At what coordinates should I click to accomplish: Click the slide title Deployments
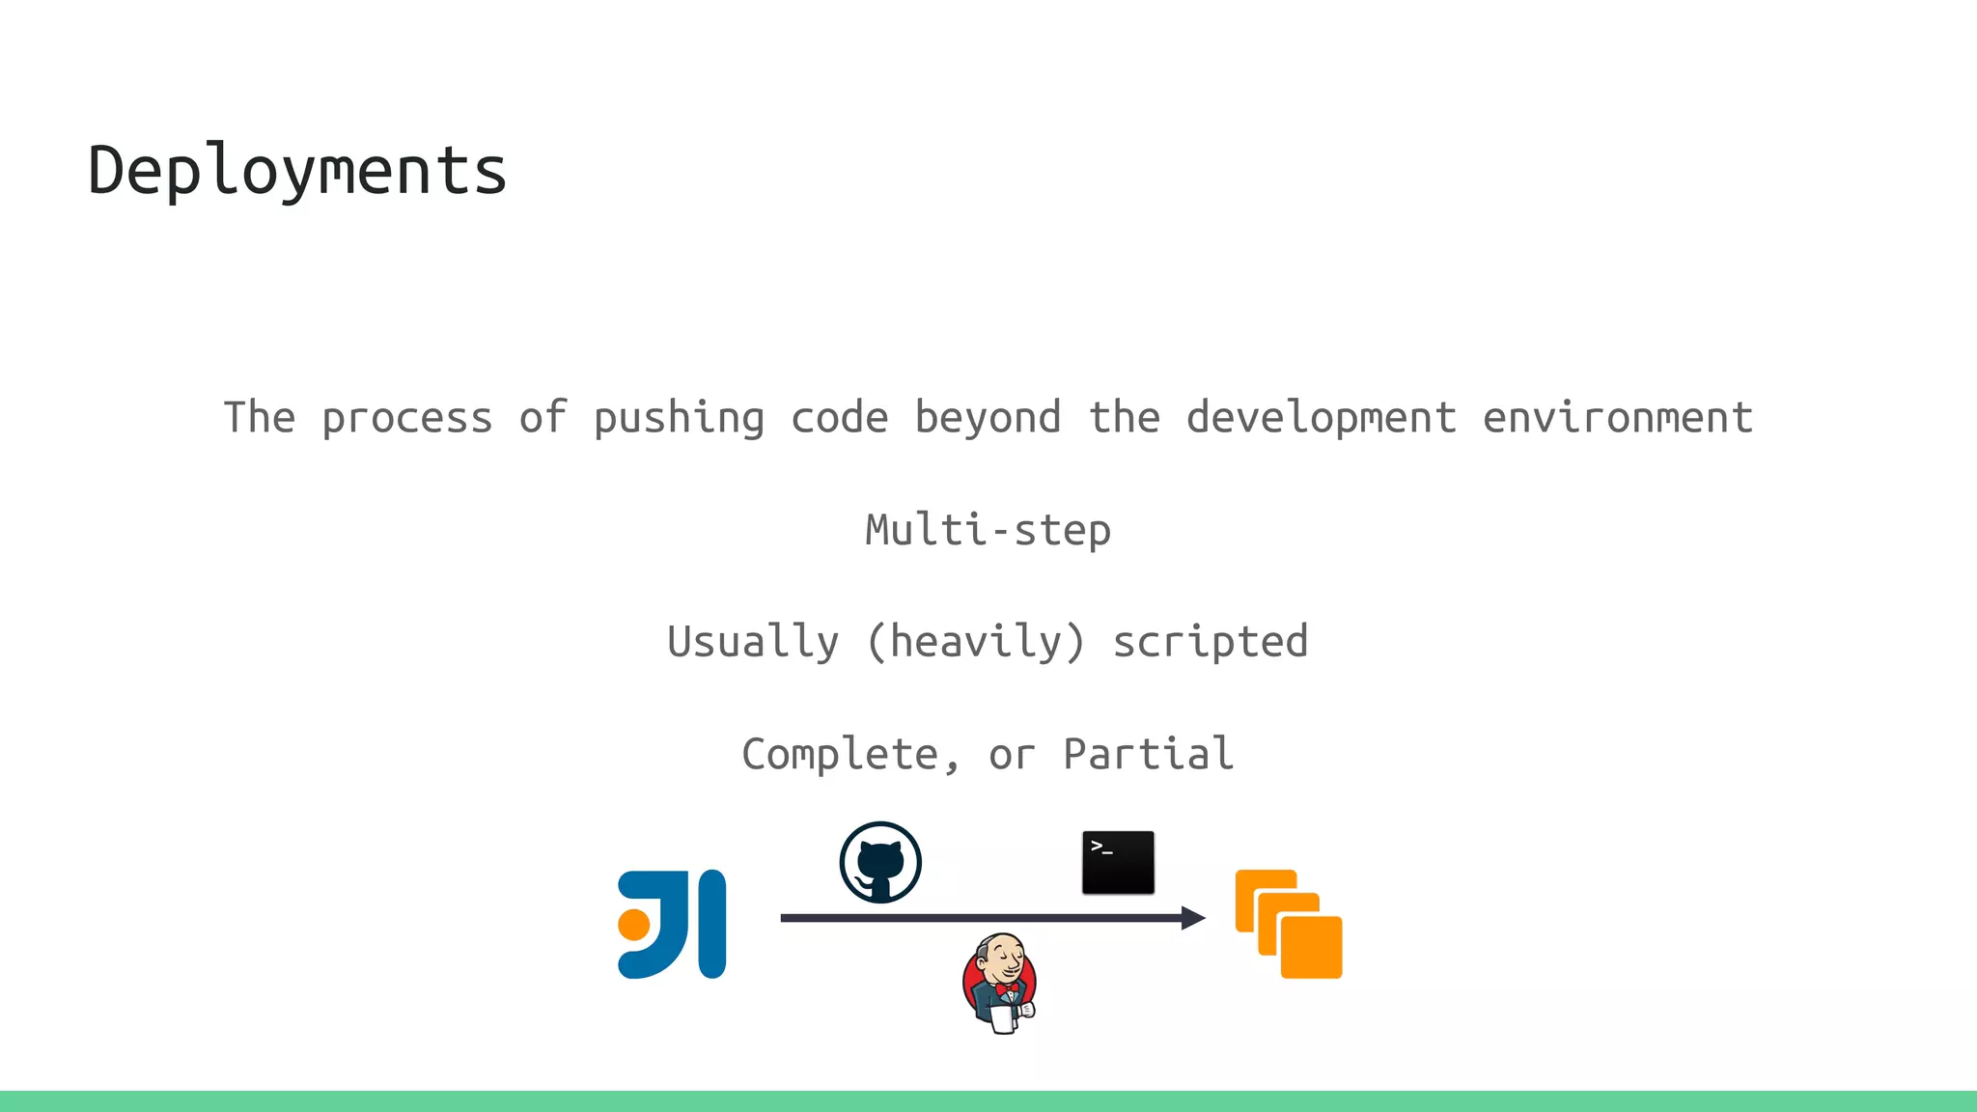296,171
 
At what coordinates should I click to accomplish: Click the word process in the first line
406,418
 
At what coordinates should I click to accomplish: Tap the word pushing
679,418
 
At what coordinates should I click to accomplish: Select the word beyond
988,418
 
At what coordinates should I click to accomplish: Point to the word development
1321,418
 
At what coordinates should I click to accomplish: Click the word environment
1617,418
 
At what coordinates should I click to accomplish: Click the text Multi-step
988,530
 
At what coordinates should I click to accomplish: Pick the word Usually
753,642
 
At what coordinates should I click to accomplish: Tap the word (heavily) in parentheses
975,642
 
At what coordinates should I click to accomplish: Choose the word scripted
1211,642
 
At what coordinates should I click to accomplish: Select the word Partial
1149,754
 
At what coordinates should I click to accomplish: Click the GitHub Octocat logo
880,862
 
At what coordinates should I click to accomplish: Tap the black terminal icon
1118,862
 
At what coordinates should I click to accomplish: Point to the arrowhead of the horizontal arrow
1194,918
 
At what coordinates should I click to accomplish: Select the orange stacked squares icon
1289,924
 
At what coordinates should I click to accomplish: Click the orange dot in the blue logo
634,924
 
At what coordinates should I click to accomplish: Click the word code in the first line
839,418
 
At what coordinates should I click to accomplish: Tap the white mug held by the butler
1004,1019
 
